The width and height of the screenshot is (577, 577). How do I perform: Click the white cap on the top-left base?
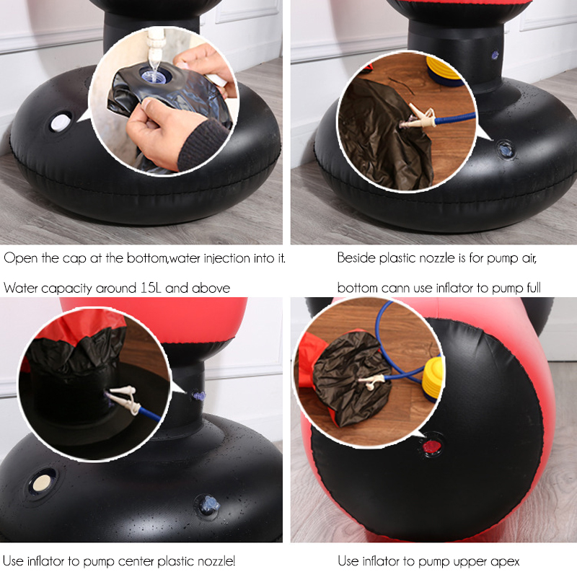point(60,122)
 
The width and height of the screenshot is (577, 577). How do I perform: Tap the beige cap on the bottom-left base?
point(42,483)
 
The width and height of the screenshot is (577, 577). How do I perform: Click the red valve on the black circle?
point(431,447)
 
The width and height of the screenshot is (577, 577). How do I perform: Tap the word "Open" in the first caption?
point(21,258)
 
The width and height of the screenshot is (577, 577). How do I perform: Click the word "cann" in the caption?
point(393,288)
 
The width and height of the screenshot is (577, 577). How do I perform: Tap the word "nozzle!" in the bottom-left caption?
point(216,561)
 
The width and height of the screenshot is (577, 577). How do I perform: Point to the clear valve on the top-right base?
point(506,150)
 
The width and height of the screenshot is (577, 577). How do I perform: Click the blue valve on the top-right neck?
point(495,56)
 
